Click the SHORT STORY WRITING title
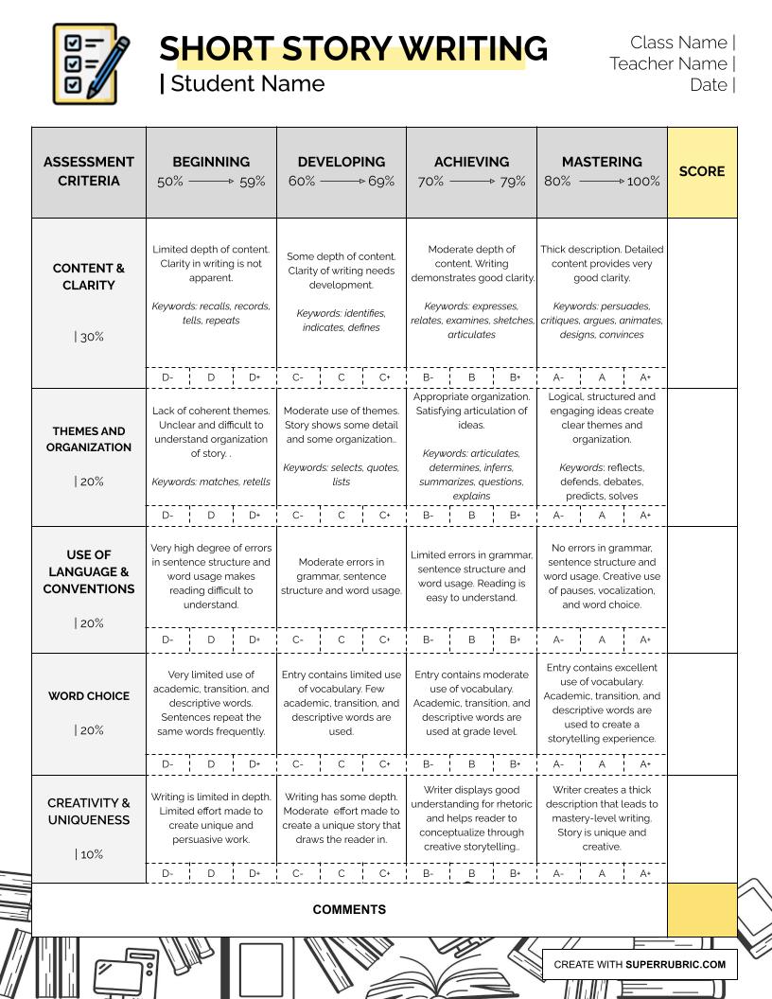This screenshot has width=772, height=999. tap(353, 48)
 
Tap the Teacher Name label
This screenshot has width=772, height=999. tap(668, 63)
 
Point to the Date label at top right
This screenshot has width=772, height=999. tap(709, 85)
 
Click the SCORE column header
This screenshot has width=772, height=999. tap(702, 171)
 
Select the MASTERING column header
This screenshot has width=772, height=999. tap(602, 162)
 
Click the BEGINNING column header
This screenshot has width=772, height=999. tap(211, 162)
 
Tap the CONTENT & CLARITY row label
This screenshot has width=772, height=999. tap(89, 276)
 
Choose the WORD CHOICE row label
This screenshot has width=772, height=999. tap(89, 696)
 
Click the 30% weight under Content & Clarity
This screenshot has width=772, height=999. tap(89, 337)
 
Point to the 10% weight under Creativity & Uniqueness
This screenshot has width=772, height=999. tap(89, 854)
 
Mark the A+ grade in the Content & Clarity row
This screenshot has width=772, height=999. tap(645, 377)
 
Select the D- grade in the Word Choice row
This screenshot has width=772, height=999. tap(167, 764)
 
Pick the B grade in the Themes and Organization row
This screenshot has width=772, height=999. tap(471, 516)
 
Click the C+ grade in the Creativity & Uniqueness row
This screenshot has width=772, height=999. tap(385, 874)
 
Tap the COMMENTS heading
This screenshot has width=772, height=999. tap(349, 910)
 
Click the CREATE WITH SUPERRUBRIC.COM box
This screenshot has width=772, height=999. tap(640, 965)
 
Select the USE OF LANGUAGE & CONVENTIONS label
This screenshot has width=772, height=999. tap(89, 571)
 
